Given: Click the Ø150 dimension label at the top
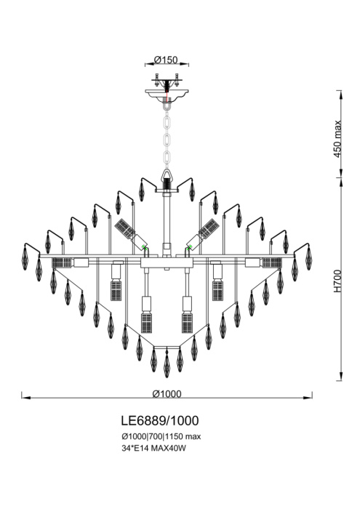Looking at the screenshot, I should (168, 60).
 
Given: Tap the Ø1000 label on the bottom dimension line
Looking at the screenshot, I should (167, 393).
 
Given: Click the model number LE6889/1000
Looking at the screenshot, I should (159, 421).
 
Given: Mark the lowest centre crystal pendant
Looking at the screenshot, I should (167, 364).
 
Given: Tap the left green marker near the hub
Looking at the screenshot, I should (145, 249).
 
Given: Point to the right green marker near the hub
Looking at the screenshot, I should (190, 249).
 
